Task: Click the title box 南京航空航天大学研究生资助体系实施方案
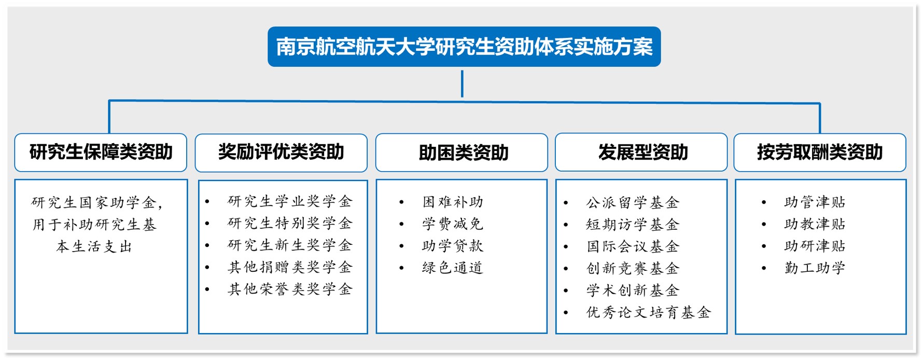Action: [x=464, y=47]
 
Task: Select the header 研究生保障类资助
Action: [x=101, y=153]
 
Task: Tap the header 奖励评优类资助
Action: [x=281, y=153]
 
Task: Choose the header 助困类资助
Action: [x=461, y=153]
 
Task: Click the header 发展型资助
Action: [x=641, y=152]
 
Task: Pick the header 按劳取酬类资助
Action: [x=820, y=152]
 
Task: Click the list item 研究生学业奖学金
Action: [x=290, y=201]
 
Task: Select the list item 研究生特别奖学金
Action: [x=290, y=223]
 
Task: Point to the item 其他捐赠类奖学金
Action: [x=290, y=267]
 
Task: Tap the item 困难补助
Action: [x=453, y=202]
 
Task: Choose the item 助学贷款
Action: [x=453, y=246]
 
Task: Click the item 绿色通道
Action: [x=453, y=268]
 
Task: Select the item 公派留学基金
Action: [x=633, y=202]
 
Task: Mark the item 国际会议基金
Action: [x=633, y=246]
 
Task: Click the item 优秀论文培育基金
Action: [x=648, y=312]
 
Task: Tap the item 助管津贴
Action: [x=815, y=202]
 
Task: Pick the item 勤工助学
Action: [x=815, y=268]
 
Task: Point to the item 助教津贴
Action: [x=815, y=224]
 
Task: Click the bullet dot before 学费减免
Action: [x=401, y=224]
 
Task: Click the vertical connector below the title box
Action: [x=462, y=84]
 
